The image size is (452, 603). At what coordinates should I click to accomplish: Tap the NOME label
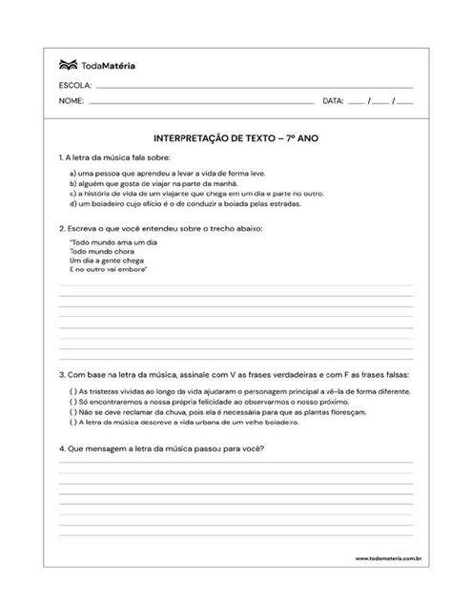click(72, 99)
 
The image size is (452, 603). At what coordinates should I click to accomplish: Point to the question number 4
click(61, 447)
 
